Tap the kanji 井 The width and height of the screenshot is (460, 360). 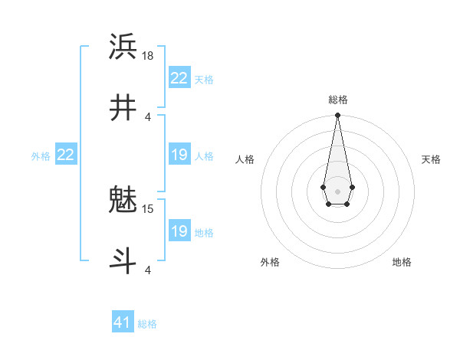123,108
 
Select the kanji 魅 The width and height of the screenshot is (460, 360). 123,200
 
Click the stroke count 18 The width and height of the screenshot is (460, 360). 149,55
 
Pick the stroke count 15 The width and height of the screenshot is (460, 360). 149,208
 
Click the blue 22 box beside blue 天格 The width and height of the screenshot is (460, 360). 179,78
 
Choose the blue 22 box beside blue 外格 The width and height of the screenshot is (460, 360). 66,155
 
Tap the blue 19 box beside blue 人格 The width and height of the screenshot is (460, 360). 179,155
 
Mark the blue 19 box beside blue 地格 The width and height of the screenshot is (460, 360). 179,231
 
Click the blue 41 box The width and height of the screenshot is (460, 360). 123,322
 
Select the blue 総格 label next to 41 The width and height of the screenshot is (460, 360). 147,324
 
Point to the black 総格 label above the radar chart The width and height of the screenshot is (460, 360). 338,100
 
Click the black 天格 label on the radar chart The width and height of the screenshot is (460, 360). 432,159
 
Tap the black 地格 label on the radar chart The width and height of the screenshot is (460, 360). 402,262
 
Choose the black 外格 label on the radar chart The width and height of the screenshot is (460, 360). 270,262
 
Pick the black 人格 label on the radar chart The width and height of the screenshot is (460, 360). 245,159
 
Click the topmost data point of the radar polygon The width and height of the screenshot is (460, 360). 337,116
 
